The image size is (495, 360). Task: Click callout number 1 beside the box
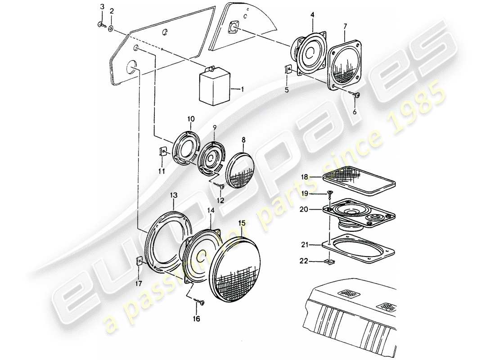(x=242, y=90)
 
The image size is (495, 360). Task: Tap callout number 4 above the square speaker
(x=312, y=15)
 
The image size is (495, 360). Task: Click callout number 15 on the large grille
(x=242, y=223)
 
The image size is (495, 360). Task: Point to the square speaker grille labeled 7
(x=346, y=66)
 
